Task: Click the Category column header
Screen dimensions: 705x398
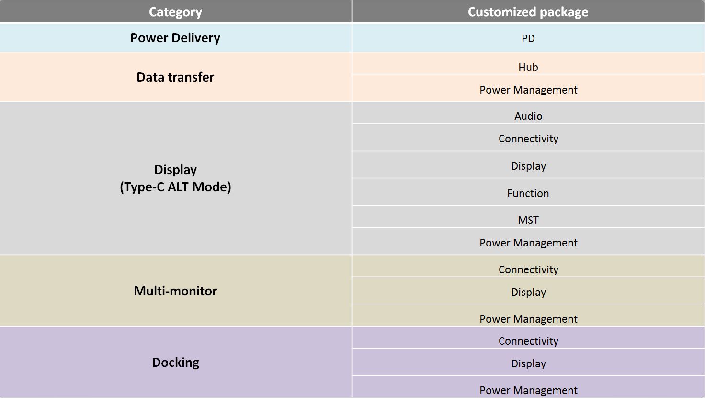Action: click(x=175, y=12)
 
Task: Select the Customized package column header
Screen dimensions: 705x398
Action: click(x=528, y=12)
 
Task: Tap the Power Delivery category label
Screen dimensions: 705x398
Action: click(x=175, y=38)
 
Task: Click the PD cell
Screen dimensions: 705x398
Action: click(x=528, y=38)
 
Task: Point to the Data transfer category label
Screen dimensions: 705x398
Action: click(x=175, y=77)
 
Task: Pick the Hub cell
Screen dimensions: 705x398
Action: click(x=528, y=67)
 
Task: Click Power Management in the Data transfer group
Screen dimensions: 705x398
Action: click(x=528, y=90)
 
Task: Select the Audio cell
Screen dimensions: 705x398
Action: click(x=528, y=116)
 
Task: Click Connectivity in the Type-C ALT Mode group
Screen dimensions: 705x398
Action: click(x=528, y=139)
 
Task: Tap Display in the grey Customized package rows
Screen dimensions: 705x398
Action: click(x=528, y=166)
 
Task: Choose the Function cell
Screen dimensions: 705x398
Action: click(x=528, y=193)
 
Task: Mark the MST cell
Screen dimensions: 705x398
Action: click(x=528, y=220)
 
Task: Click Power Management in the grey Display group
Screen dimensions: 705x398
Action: click(x=528, y=243)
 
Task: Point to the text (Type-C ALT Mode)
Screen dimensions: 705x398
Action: click(x=175, y=187)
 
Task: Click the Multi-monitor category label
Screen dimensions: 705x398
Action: click(x=175, y=291)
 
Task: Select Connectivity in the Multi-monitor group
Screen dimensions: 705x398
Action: click(x=528, y=269)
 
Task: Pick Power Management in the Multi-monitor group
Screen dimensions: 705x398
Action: click(x=528, y=319)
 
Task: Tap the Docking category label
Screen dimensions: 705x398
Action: click(x=175, y=363)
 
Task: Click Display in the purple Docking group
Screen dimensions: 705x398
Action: click(x=528, y=363)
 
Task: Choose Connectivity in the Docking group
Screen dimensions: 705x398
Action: click(x=528, y=341)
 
